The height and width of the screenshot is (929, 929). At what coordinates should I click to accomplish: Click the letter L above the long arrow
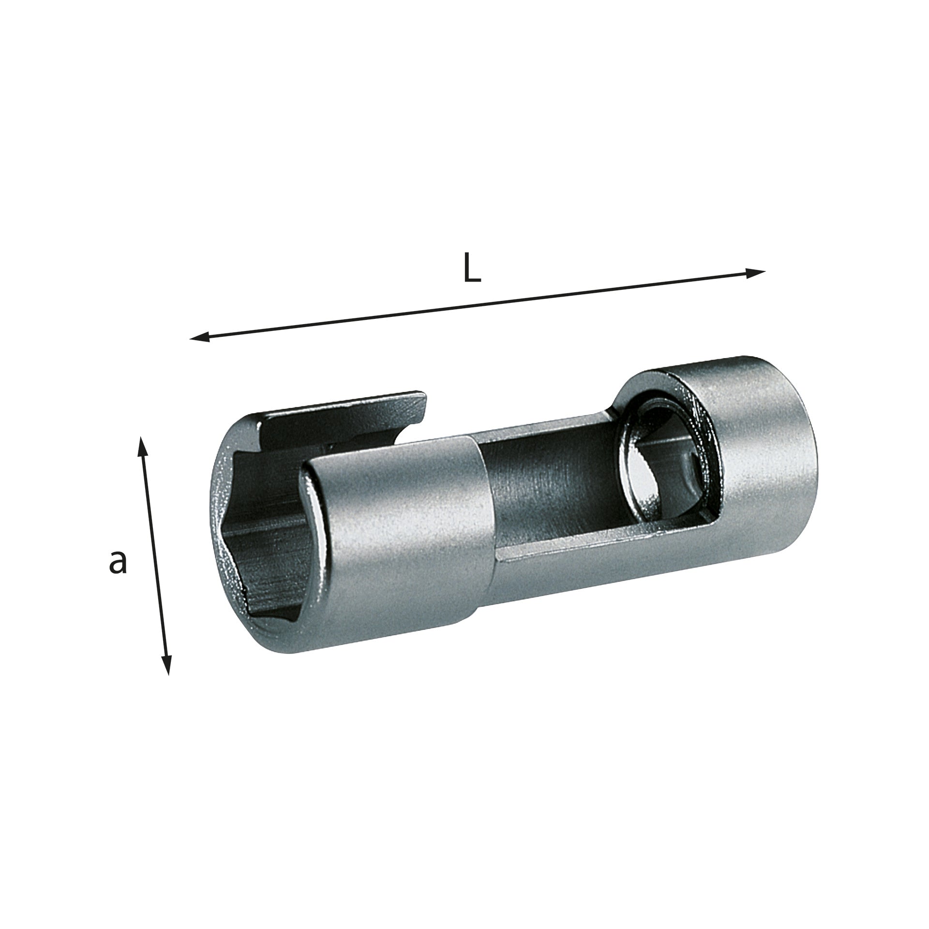pos(472,268)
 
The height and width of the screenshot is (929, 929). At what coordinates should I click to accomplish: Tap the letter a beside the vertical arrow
pos(118,562)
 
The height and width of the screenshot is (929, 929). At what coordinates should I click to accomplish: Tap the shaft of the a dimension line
pos(154,556)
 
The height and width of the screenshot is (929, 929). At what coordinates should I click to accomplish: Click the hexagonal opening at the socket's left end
pos(261,537)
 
